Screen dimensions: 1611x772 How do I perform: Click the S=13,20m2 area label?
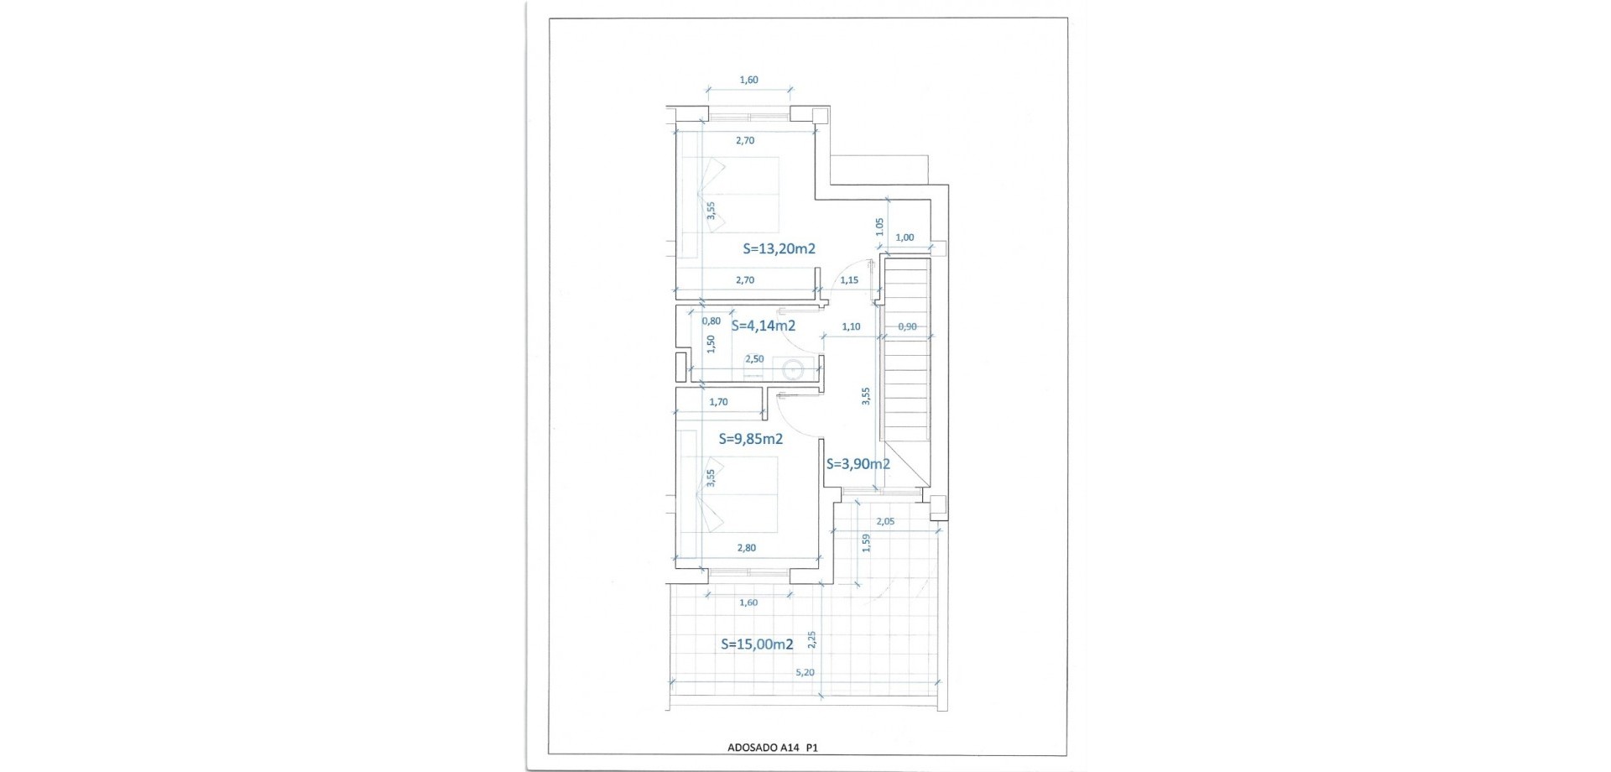coord(779,248)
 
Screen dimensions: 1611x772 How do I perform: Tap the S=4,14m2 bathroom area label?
coord(764,326)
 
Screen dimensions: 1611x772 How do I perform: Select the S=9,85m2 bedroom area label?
coord(752,439)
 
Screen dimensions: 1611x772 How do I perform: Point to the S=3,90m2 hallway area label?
coord(858,464)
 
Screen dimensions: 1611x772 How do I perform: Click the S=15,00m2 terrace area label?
coord(758,644)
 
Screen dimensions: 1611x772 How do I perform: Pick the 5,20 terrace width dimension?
coord(804,672)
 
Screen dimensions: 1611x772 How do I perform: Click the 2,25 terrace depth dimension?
coord(811,639)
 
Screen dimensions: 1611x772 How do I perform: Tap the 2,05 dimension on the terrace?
coord(885,521)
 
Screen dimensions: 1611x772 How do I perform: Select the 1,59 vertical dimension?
coord(867,542)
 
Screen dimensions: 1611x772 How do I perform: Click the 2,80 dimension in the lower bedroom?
coord(746,548)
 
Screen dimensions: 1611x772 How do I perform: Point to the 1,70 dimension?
coord(718,402)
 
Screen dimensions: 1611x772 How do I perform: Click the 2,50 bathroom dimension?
coord(754,359)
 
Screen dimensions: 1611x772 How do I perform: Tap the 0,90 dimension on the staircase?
coord(907,326)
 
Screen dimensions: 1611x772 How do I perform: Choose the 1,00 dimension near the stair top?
coord(905,237)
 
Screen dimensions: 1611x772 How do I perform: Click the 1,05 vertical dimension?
coord(879,227)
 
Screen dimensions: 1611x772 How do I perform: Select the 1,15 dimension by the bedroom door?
coord(849,280)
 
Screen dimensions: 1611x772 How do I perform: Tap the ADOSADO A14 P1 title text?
coord(773,746)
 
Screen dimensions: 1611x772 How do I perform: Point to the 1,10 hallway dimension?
coord(851,326)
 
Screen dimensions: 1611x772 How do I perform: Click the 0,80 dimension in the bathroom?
coord(711,321)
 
